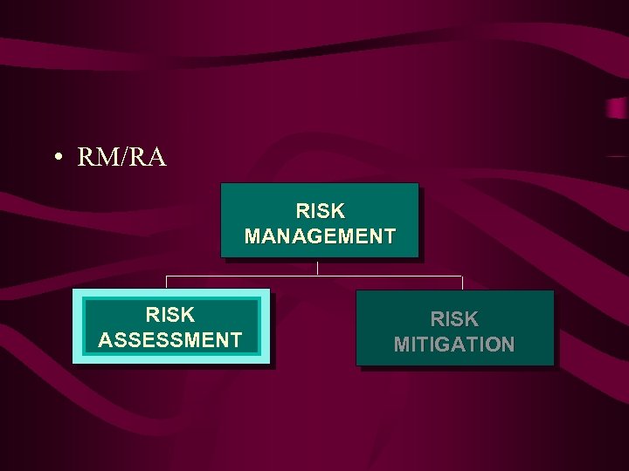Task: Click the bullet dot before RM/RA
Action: (57, 158)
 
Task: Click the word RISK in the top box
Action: (320, 211)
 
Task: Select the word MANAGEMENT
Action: (320, 235)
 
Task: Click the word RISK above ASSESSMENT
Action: (170, 314)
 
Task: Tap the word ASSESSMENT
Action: (170, 339)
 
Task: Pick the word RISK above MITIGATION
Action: (454, 319)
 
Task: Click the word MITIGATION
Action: (454, 345)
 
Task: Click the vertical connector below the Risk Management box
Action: (317, 267)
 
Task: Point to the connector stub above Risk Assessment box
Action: (167, 282)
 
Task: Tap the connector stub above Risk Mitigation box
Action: (462, 283)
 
